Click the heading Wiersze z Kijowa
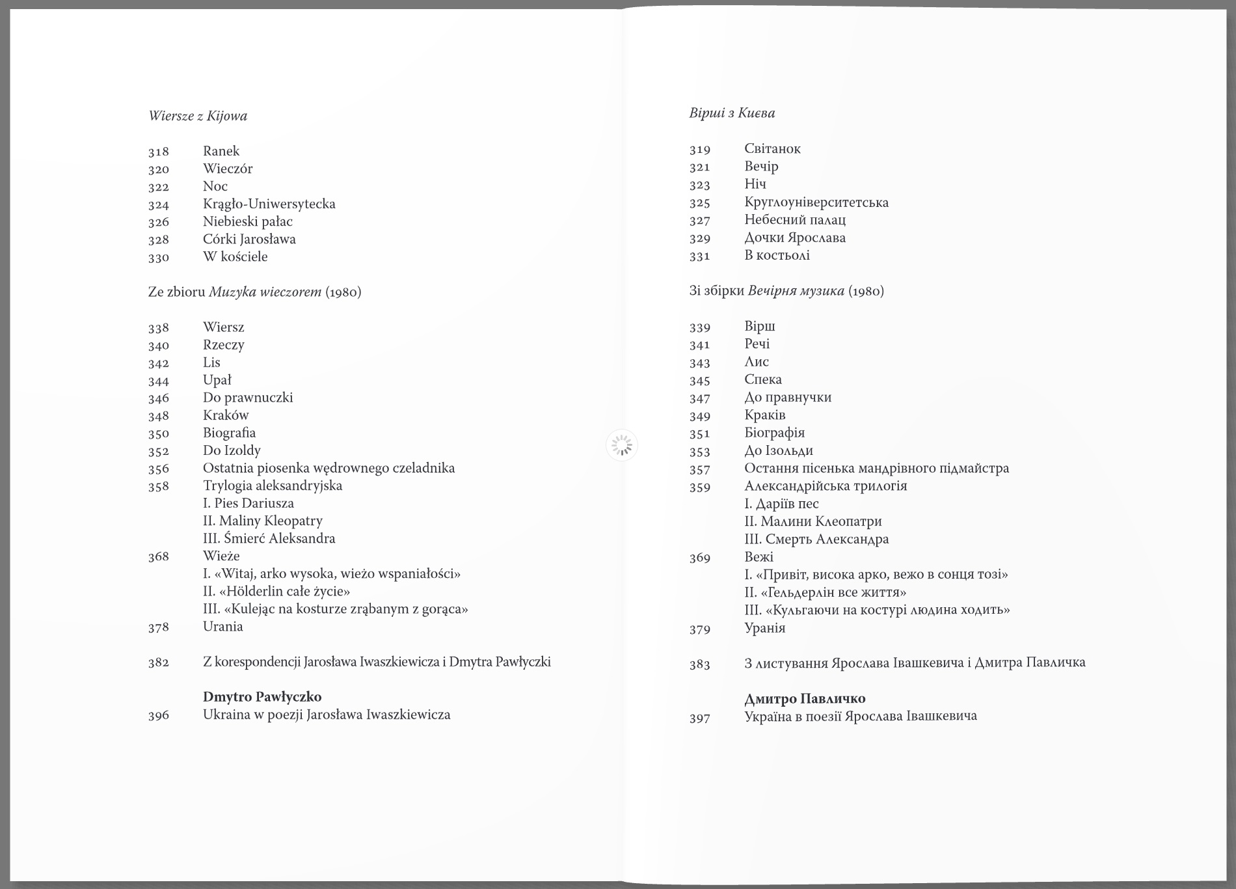[x=198, y=116]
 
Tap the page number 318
[x=158, y=152]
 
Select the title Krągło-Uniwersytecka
[x=269, y=204]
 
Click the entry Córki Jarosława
[x=249, y=239]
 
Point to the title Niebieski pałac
[x=247, y=221]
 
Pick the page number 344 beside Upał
[x=158, y=381]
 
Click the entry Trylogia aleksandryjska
[x=272, y=486]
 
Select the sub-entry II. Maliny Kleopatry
[x=262, y=521]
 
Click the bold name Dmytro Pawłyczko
[x=262, y=697]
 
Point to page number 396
[x=158, y=715]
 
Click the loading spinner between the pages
[x=622, y=446]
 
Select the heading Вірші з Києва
[x=732, y=113]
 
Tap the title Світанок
[x=772, y=148]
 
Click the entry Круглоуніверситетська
[x=816, y=202]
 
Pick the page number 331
[x=699, y=256]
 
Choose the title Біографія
[x=774, y=433]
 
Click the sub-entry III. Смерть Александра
[x=816, y=539]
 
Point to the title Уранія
[x=764, y=628]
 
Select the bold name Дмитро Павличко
[x=804, y=699]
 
